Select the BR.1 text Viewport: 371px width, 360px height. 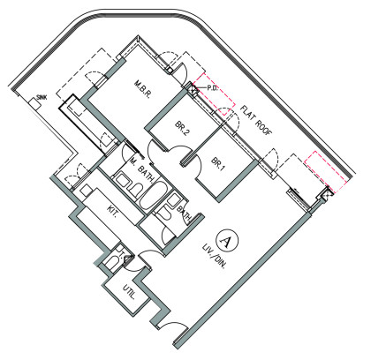tap(218, 164)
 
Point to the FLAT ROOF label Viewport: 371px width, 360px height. tap(255, 120)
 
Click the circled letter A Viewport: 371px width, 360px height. tap(226, 241)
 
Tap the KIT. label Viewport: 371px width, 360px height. tap(112, 211)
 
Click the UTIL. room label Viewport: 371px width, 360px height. tap(129, 291)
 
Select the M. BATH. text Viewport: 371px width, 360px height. tap(142, 170)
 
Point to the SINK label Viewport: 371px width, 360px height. tap(42, 97)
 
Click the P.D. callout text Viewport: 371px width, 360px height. tap(212, 88)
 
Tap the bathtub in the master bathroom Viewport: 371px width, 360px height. tap(153, 195)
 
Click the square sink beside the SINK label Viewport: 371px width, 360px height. tap(34, 103)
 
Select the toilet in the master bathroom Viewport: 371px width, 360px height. tap(135, 190)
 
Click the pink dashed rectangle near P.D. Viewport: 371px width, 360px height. tap(215, 94)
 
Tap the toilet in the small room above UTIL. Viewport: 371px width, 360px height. tap(113, 261)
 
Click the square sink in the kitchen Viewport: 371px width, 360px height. tap(87, 191)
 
